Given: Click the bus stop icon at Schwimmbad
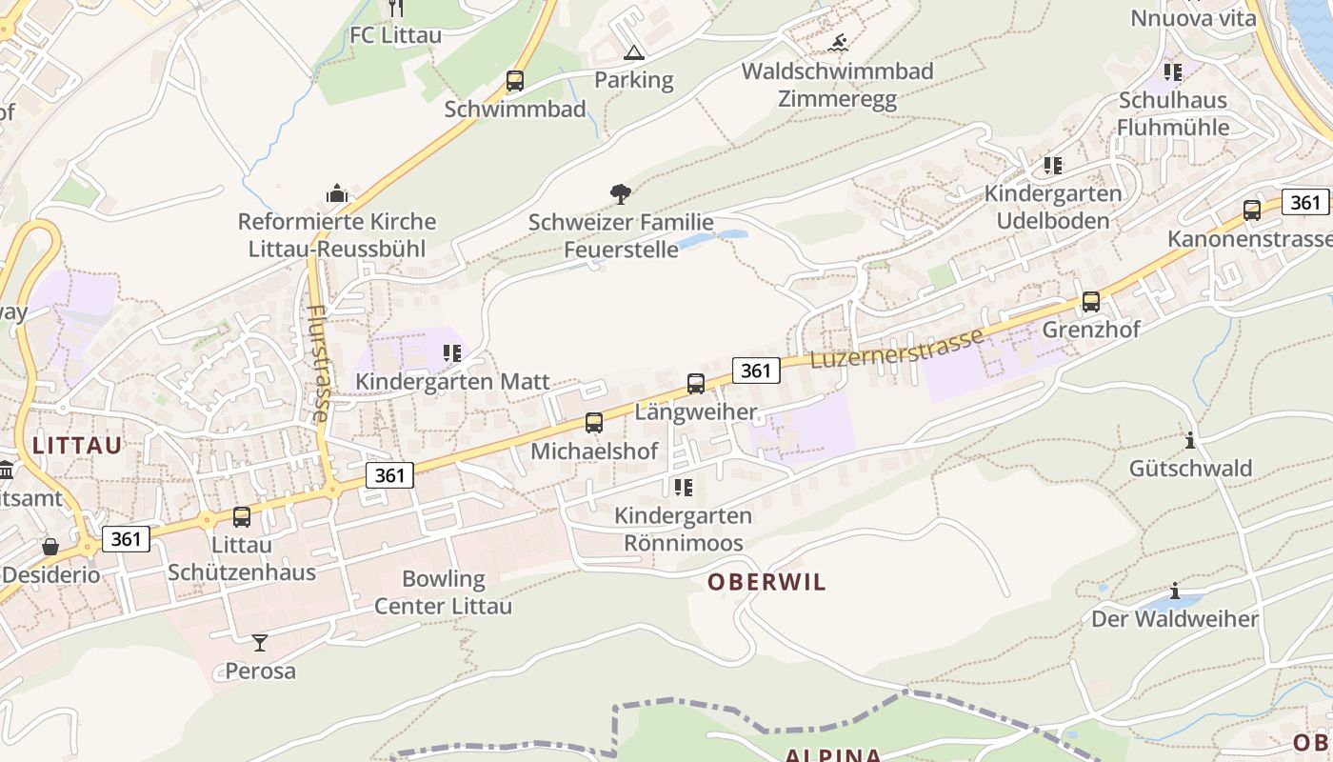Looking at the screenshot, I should [515, 81].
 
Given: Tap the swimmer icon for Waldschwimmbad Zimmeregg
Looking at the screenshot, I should [838, 43].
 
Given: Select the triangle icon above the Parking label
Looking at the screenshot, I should [633, 52].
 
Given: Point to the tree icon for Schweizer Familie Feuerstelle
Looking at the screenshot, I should [621, 194].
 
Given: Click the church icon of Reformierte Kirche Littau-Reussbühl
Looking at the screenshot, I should [337, 193].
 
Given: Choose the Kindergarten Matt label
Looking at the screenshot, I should [452, 382].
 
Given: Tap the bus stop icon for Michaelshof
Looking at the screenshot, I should [594, 423].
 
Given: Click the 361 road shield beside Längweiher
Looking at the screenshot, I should [756, 370].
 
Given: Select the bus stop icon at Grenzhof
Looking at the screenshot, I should [1091, 302].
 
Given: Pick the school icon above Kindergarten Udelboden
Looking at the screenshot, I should [1053, 166].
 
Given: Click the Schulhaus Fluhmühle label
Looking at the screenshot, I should [1173, 113].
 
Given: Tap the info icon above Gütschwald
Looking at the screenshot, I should [1190, 440].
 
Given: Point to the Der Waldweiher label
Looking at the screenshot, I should [1175, 619].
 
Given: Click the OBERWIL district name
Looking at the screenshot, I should [766, 582].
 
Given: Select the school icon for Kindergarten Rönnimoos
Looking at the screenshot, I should [683, 488].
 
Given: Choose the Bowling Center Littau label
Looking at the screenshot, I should [443, 592].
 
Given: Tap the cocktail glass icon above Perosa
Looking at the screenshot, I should [260, 643].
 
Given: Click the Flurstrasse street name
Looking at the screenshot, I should [319, 363].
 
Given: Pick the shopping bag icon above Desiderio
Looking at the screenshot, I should [50, 547].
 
